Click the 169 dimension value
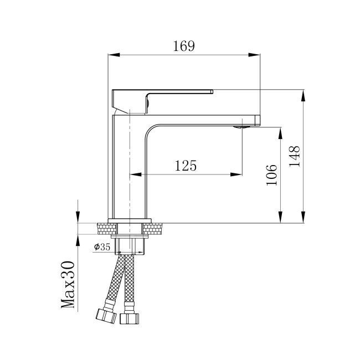coord(183,46)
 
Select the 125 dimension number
coord(186,166)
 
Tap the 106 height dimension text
coord(271,175)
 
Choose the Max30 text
coord(68,285)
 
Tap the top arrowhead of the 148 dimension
coord(304,95)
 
